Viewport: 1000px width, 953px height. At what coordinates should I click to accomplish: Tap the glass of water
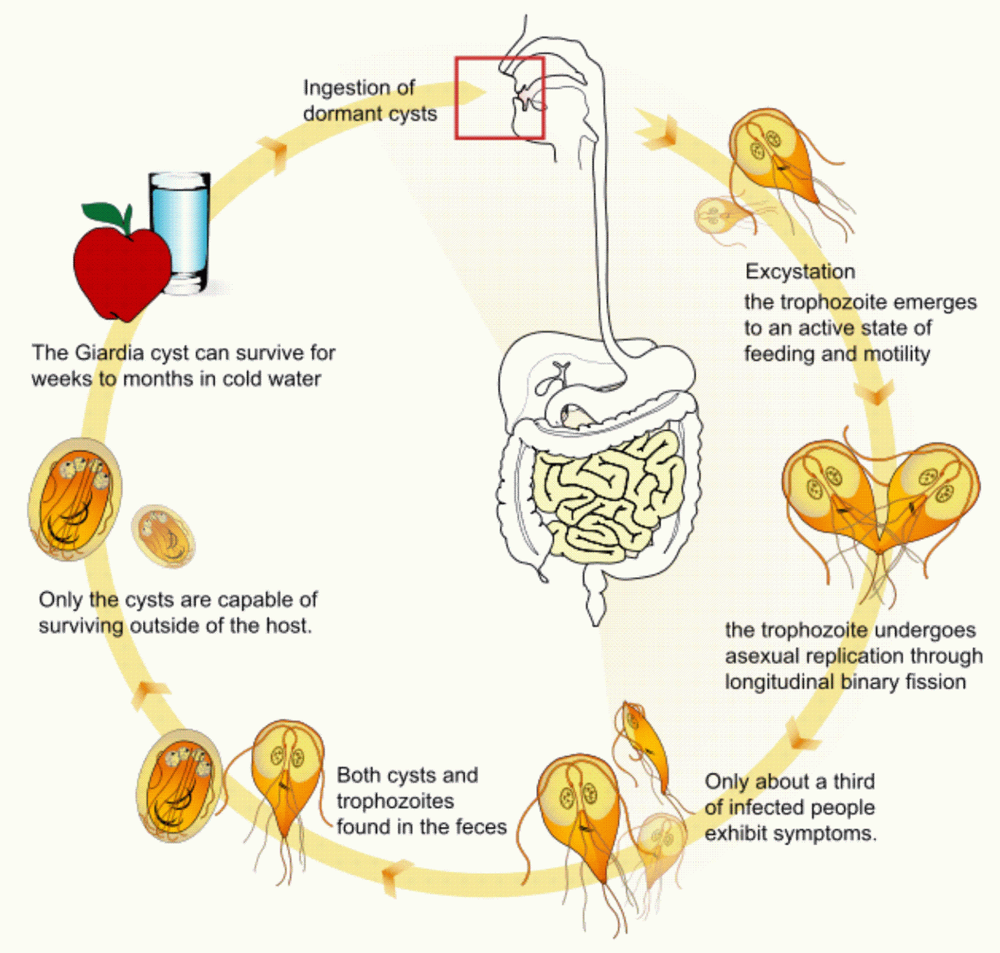pyautogui.click(x=179, y=233)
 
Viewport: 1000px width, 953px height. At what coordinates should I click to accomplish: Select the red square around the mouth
pyautogui.click(x=499, y=98)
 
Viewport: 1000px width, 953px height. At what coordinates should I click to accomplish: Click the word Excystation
pyautogui.click(x=800, y=272)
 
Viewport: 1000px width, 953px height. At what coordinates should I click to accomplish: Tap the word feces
pyautogui.click(x=479, y=827)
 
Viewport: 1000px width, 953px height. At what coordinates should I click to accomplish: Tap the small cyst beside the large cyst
pyautogui.click(x=163, y=536)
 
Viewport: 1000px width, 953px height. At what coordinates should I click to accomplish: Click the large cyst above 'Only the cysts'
pyautogui.click(x=75, y=500)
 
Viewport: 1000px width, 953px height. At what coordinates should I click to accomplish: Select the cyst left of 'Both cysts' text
pyautogui.click(x=179, y=785)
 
